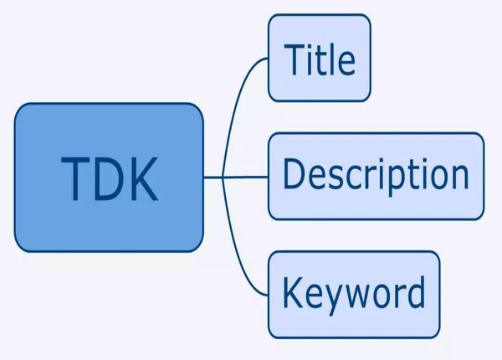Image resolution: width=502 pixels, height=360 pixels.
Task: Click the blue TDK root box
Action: pos(109,177)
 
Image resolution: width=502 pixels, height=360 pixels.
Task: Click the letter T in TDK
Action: pos(75,178)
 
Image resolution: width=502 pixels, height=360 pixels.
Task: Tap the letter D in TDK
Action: pos(109,178)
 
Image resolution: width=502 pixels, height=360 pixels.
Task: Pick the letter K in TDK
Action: pos(143,178)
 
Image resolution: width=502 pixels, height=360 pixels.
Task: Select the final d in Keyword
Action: pos(415,291)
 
